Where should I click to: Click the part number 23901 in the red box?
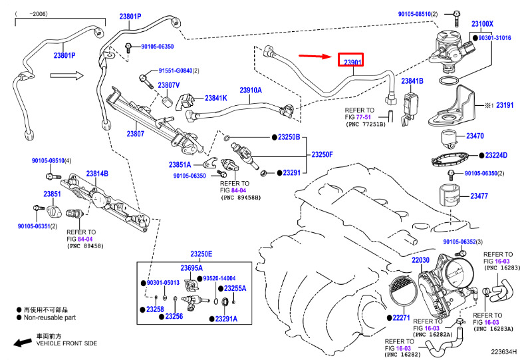coord(352,63)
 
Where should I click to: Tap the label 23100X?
coord(482,24)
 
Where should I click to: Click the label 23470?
coord(474,136)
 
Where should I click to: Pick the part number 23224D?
coord(495,155)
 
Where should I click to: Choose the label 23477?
coord(479,196)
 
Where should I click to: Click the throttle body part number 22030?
coord(421,260)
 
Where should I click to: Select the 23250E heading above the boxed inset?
coord(201,254)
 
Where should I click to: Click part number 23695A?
coord(192,268)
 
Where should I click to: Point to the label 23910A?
coord(251,90)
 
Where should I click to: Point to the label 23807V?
coord(169,85)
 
